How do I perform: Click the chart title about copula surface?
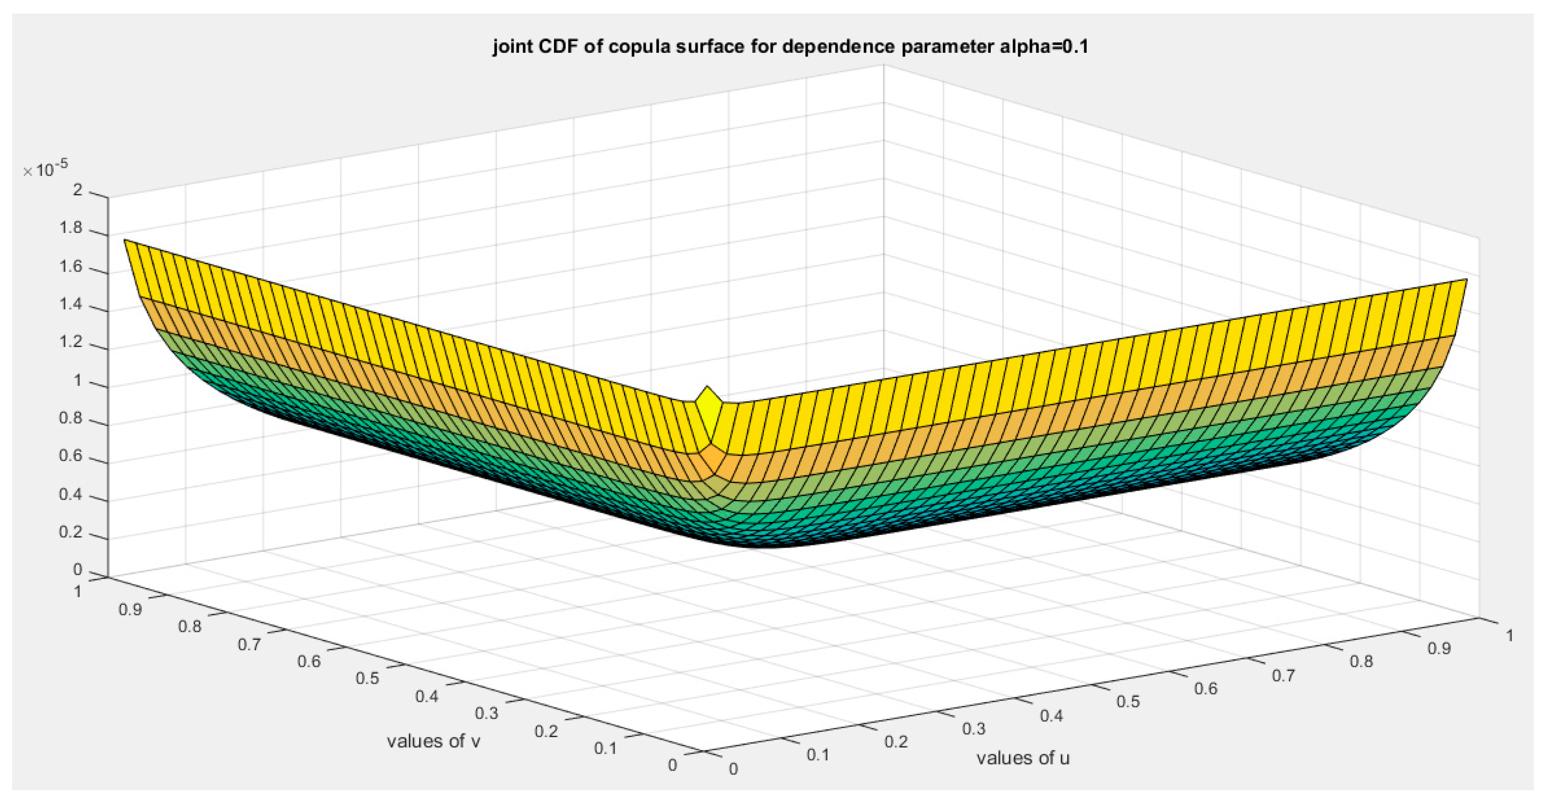click(791, 46)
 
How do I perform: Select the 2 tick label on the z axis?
click(77, 190)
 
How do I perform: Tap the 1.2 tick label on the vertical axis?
click(71, 343)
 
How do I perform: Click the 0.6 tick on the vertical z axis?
click(71, 456)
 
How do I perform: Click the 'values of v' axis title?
click(433, 741)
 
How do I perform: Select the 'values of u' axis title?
click(1023, 758)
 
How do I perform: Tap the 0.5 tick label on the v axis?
click(368, 678)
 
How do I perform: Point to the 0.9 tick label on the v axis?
click(130, 609)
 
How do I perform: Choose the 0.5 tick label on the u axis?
click(1128, 701)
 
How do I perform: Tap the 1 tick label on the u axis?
click(1509, 636)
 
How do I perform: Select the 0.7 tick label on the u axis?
click(1283, 675)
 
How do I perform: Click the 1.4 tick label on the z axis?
click(71, 305)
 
